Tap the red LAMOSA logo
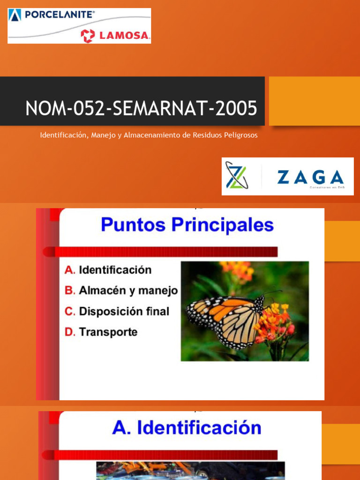point(115,36)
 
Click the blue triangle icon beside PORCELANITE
point(15,15)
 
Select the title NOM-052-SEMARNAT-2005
point(141,108)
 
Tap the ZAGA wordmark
point(310,177)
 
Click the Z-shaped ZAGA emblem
point(237,176)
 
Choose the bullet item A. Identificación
point(108,270)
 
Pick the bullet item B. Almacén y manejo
point(121,291)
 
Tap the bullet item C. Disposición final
point(117,311)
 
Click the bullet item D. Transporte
point(101,332)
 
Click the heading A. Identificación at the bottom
point(186,428)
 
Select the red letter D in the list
point(69,332)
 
